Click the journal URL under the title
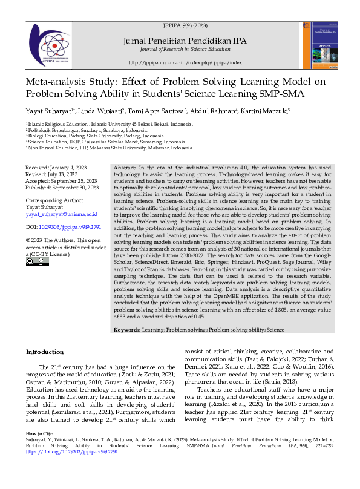(x=185, y=62)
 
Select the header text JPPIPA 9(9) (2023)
(x=185, y=25)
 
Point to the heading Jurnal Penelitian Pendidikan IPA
(x=185, y=40)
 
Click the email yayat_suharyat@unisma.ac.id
(x=61, y=214)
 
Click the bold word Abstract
(x=125, y=167)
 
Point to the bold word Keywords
(x=127, y=330)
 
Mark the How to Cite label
(x=40, y=451)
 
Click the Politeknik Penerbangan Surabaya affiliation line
(x=88, y=130)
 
